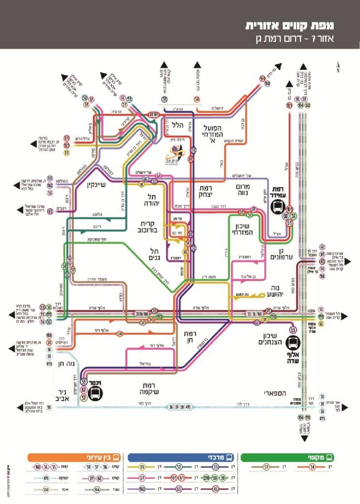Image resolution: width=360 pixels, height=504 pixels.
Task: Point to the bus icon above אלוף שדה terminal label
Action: point(293,343)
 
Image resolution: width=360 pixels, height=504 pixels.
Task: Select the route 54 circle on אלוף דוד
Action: point(120,334)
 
